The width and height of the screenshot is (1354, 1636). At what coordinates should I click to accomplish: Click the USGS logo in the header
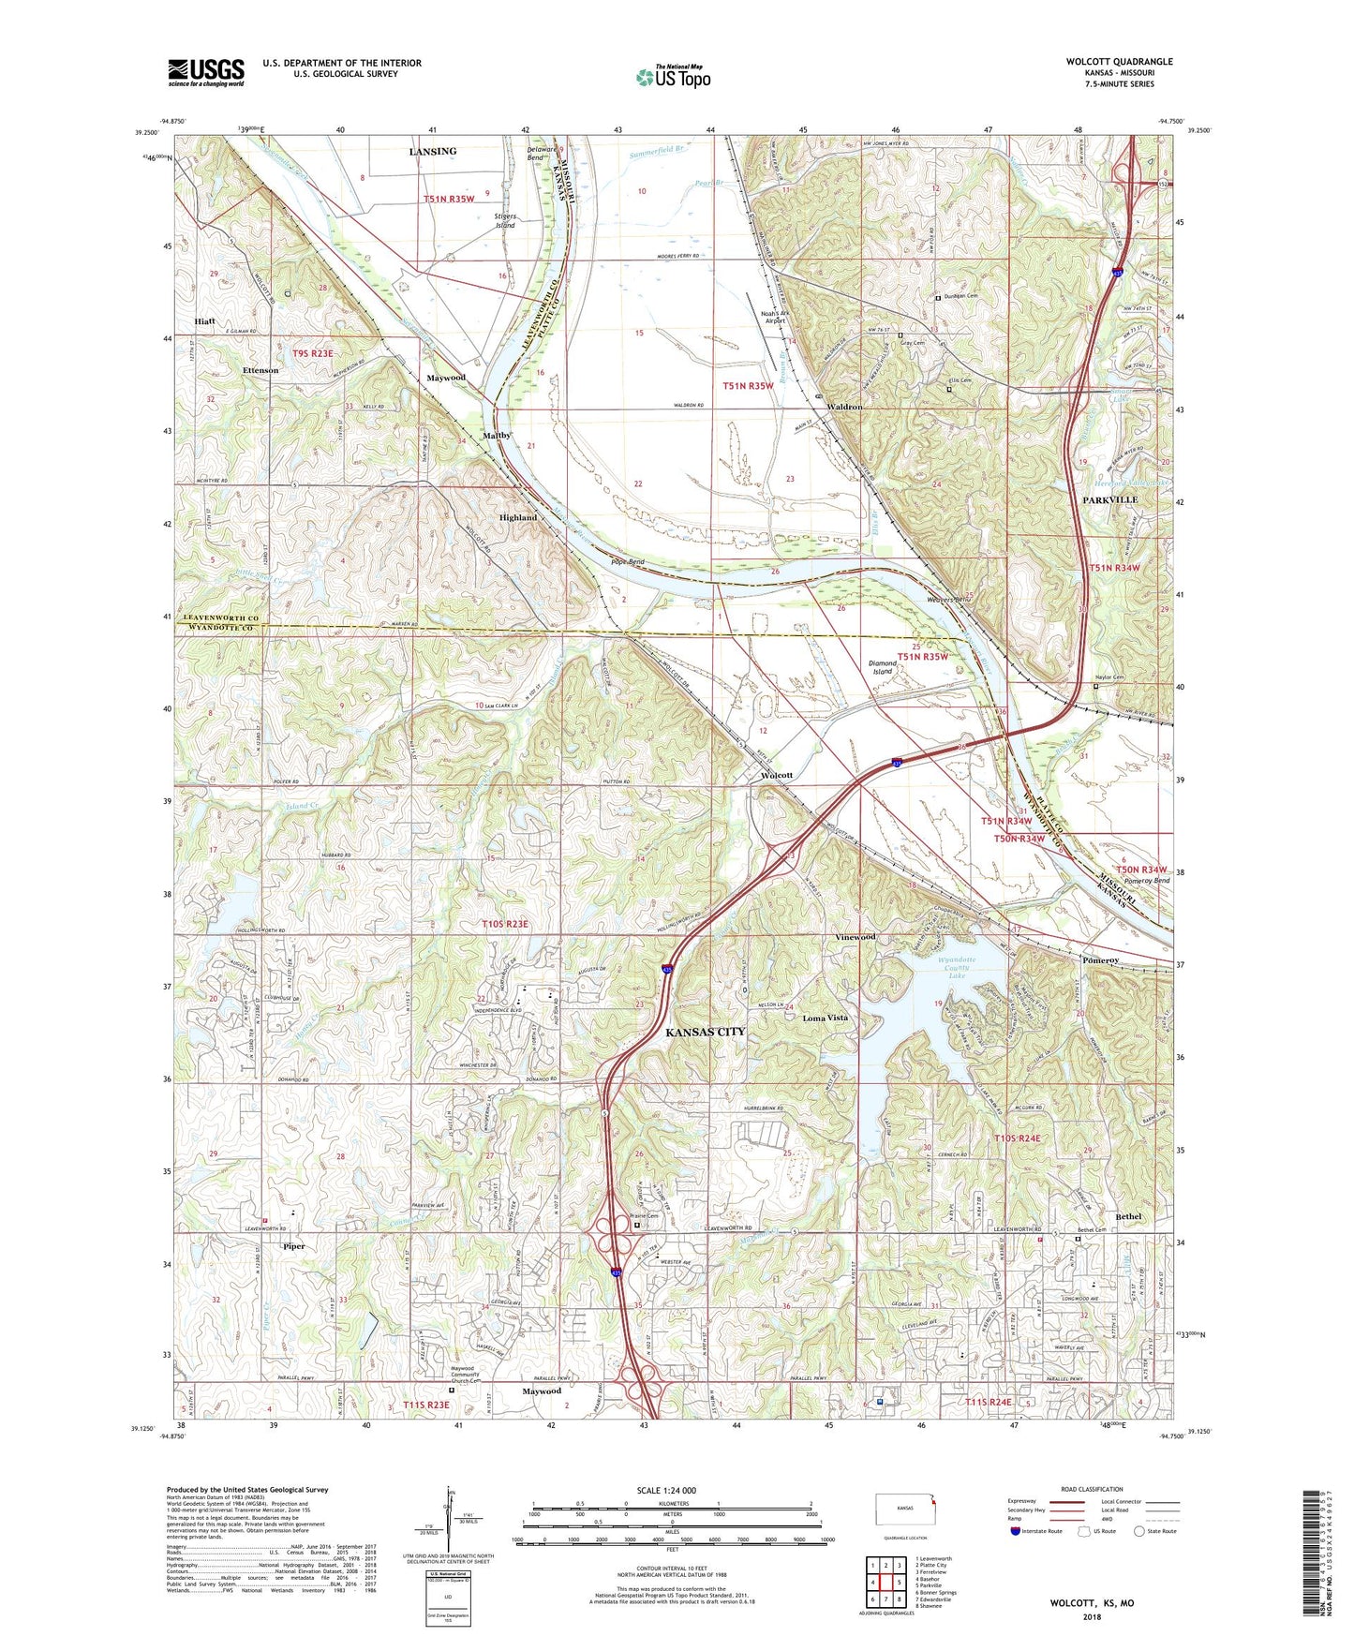pos(205,72)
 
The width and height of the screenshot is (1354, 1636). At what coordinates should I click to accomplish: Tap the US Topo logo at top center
pos(673,76)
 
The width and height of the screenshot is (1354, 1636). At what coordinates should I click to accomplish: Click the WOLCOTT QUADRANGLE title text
pos(1119,62)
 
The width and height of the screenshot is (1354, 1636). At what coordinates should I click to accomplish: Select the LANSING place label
pos(433,151)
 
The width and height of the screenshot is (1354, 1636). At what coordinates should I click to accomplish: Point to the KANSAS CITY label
pos(705,1032)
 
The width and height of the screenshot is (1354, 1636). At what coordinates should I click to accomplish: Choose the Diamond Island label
pos(883,667)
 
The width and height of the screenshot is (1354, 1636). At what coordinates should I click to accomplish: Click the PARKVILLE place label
pos(1109,500)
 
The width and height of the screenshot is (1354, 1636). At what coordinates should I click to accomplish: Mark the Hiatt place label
pos(205,321)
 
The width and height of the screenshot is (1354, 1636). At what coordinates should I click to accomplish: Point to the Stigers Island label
pos(505,220)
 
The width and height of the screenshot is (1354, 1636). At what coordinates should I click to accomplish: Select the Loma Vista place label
pos(825,1018)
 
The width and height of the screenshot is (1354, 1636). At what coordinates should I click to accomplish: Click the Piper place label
pos(293,1246)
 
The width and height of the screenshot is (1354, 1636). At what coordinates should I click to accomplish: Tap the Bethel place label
pos(1129,1216)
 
